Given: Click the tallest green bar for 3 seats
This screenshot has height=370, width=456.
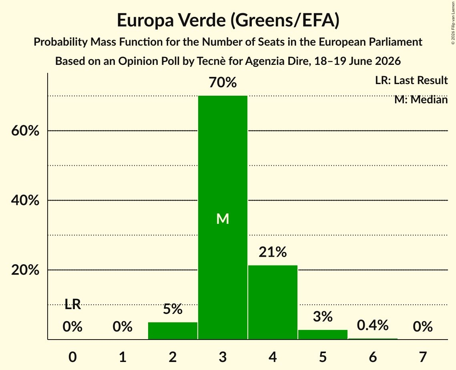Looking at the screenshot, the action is pyautogui.click(x=223, y=217).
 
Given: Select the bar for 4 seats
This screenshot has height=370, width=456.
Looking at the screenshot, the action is pyautogui.click(x=273, y=302).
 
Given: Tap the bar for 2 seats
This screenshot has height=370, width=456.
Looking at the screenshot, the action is pyautogui.click(x=173, y=331).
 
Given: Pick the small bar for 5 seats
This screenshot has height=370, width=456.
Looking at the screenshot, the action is pyautogui.click(x=323, y=334).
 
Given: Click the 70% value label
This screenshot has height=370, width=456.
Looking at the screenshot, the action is pyautogui.click(x=223, y=82).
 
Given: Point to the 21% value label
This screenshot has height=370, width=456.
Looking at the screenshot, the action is pyautogui.click(x=273, y=252).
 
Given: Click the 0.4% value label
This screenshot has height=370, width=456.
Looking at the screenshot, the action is pyautogui.click(x=373, y=325).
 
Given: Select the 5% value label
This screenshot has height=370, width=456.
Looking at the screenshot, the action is pyautogui.click(x=173, y=309).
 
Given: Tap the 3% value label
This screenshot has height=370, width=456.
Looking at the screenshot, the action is pyautogui.click(x=323, y=316).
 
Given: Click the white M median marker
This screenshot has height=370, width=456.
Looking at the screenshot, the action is pyautogui.click(x=223, y=219).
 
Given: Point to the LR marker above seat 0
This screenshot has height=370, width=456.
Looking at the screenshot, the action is pyautogui.click(x=73, y=304).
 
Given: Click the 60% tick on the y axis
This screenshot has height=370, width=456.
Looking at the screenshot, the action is pyautogui.click(x=25, y=131).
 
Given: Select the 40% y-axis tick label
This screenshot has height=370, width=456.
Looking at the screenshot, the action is pyautogui.click(x=25, y=200).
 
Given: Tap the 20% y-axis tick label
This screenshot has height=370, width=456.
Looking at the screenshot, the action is pyautogui.click(x=25, y=270).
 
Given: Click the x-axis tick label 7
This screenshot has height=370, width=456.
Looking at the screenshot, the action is pyautogui.click(x=423, y=357).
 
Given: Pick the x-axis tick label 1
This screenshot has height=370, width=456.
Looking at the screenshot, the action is pyautogui.click(x=123, y=357).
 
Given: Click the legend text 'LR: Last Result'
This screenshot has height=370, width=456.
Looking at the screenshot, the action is pyautogui.click(x=411, y=80).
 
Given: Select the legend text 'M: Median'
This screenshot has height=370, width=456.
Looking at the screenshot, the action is pyautogui.click(x=421, y=100).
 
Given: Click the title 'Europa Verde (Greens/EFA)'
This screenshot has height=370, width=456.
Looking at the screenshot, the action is pyautogui.click(x=228, y=20).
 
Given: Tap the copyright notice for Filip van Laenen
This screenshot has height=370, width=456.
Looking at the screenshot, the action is pyautogui.click(x=453, y=23).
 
